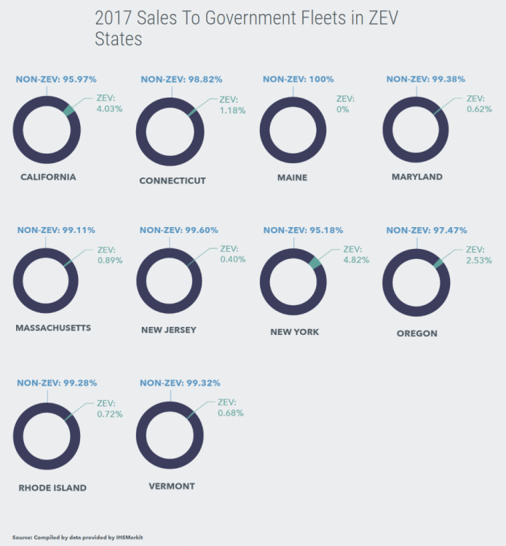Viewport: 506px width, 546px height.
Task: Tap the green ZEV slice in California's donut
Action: click(69, 111)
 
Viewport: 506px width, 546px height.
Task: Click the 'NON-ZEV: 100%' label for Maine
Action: click(293, 79)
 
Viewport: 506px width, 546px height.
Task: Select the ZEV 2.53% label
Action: click(478, 254)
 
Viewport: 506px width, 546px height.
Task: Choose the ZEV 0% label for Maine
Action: click(342, 104)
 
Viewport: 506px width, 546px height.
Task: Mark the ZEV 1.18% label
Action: click(232, 105)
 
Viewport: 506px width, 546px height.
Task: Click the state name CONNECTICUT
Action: click(173, 181)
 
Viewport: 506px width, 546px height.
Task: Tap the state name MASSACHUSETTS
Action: click(53, 328)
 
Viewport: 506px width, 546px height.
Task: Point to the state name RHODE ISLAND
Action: click(52, 488)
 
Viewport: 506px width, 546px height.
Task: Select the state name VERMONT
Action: click(171, 486)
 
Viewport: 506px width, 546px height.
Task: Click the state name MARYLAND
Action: click(416, 177)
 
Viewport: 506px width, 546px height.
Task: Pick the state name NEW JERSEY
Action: click(169, 330)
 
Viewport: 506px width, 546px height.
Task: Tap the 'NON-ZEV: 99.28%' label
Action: click(57, 382)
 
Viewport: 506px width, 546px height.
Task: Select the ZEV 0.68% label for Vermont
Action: click(230, 408)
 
